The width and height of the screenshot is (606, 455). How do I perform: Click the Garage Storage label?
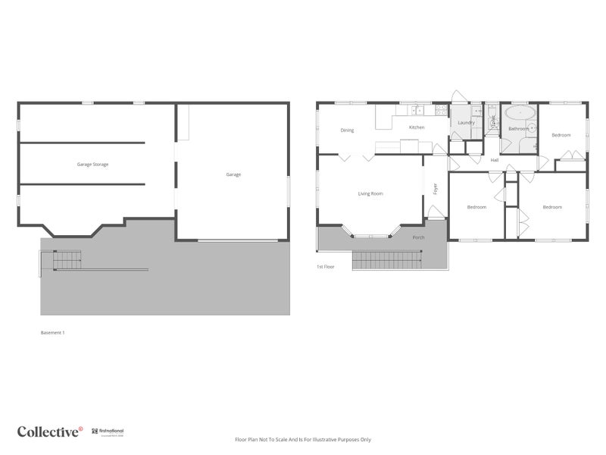[x=92, y=164]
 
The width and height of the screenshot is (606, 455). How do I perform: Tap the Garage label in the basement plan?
[x=233, y=174]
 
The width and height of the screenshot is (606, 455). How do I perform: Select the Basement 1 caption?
[x=52, y=332]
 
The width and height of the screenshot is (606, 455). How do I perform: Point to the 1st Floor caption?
[x=325, y=267]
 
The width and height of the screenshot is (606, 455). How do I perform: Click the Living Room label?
[x=370, y=193]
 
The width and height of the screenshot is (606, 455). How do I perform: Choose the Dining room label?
[x=347, y=130]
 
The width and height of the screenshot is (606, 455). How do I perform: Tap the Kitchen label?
[x=417, y=127]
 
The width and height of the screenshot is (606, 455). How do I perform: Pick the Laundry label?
[x=466, y=122]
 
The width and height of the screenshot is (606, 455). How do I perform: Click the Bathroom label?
[x=518, y=129]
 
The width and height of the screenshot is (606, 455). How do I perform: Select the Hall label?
[x=494, y=160]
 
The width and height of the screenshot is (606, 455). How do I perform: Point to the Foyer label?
[x=436, y=189]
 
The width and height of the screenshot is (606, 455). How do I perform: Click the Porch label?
[x=418, y=237]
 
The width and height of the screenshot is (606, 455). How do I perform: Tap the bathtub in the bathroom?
[x=520, y=115]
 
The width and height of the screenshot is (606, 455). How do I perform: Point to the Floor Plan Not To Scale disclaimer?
[x=303, y=439]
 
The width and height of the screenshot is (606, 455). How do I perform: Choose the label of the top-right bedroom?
[x=561, y=135]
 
